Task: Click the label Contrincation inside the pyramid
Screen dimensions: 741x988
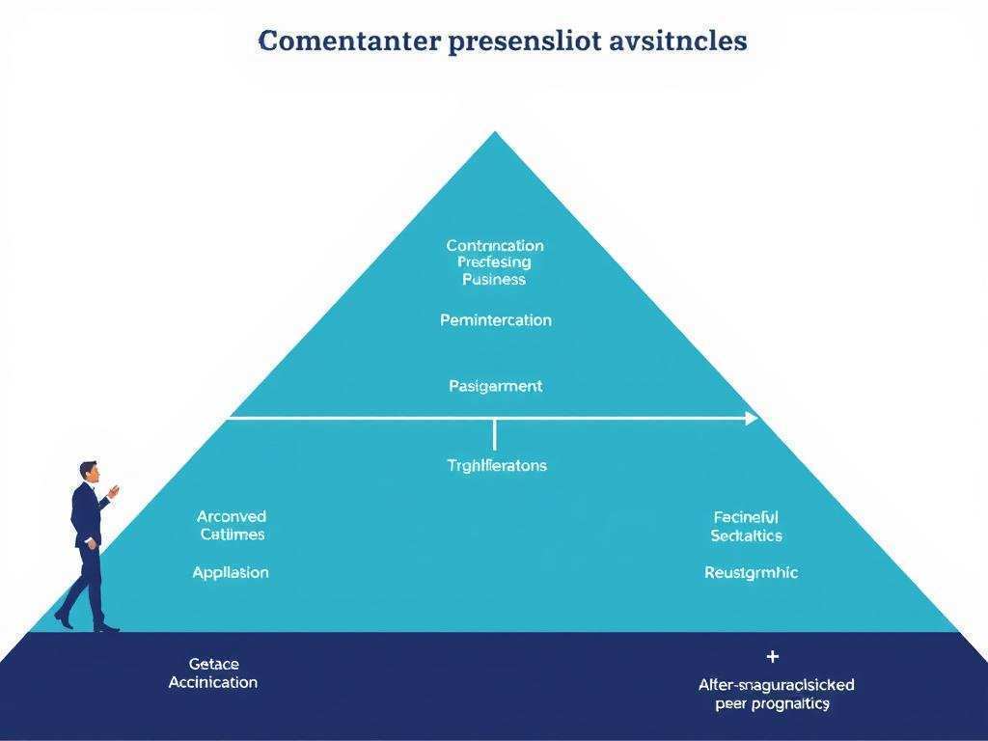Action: (x=495, y=245)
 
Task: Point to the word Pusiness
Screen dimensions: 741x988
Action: (x=494, y=280)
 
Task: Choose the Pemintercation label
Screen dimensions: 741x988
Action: (x=495, y=320)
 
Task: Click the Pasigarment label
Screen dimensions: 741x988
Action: (x=495, y=386)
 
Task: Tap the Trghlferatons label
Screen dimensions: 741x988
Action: (x=496, y=465)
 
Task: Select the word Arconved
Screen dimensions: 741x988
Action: (x=232, y=517)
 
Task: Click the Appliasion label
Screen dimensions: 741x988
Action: (x=231, y=572)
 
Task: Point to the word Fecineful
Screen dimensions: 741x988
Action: (x=746, y=517)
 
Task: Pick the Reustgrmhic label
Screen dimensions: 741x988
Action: (x=751, y=572)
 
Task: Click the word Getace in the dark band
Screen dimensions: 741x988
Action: (x=213, y=664)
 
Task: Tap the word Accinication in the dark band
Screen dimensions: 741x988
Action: (x=213, y=682)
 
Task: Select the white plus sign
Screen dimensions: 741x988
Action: (x=772, y=657)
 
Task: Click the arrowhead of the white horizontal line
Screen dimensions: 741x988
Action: (x=753, y=418)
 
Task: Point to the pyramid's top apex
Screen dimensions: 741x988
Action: (x=495, y=133)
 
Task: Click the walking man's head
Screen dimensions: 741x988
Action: (x=89, y=470)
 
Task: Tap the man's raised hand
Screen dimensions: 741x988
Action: (x=114, y=491)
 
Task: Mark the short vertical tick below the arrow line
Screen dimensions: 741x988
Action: (x=495, y=434)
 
